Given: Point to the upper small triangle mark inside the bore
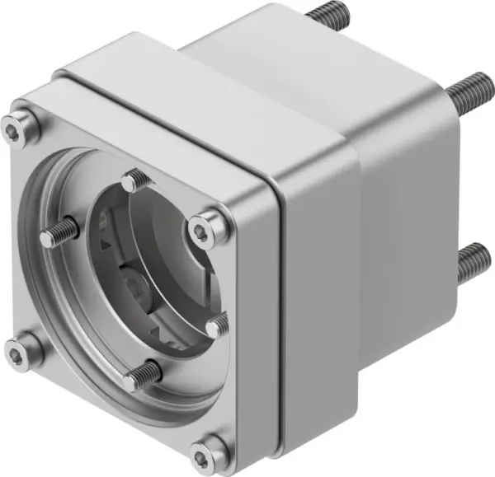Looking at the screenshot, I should pyautogui.click(x=104, y=245).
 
